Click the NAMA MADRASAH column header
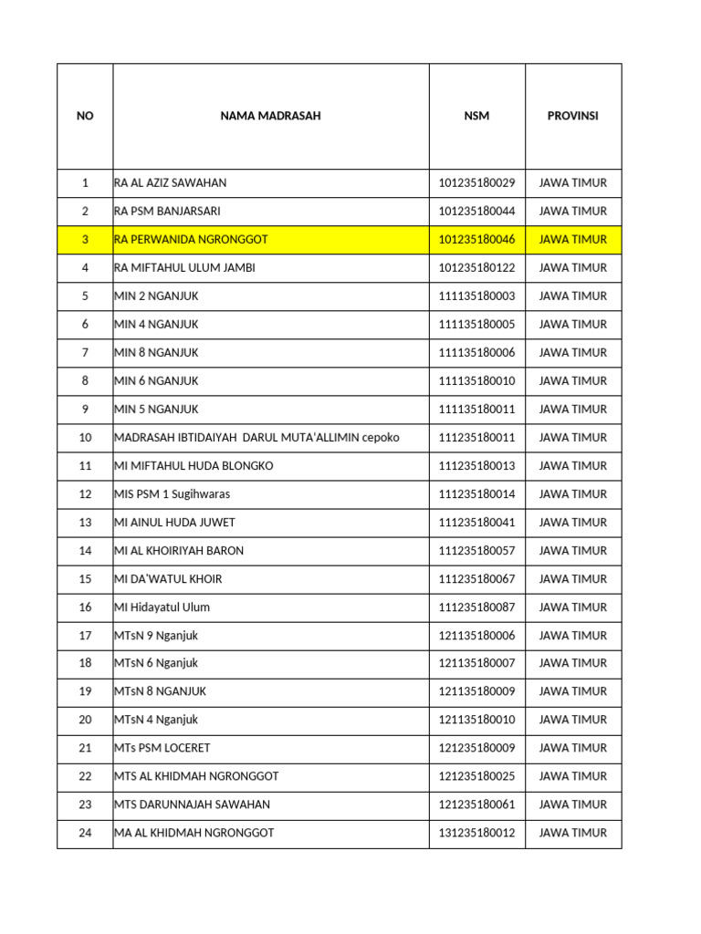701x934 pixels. pyautogui.click(x=270, y=116)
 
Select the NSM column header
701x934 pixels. pyautogui.click(x=476, y=116)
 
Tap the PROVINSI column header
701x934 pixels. pyautogui.click(x=572, y=116)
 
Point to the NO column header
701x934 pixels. pyautogui.click(x=85, y=116)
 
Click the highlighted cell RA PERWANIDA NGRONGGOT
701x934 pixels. pyautogui.click(x=192, y=240)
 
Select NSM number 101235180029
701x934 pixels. pyautogui.click(x=476, y=182)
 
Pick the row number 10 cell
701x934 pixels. pyautogui.click(x=85, y=438)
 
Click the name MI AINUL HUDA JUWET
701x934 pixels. pyautogui.click(x=174, y=523)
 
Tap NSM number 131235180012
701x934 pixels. pyautogui.click(x=476, y=833)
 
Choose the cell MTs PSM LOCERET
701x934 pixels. pyautogui.click(x=162, y=748)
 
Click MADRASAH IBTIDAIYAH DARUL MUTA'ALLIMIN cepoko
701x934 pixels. pyautogui.click(x=256, y=438)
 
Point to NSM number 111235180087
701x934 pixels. pyautogui.click(x=476, y=607)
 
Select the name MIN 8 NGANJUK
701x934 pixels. pyautogui.click(x=156, y=353)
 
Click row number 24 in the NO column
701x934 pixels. pyautogui.click(x=85, y=833)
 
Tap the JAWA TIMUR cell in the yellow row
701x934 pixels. pyautogui.click(x=572, y=240)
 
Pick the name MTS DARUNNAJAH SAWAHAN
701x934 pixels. pyautogui.click(x=192, y=804)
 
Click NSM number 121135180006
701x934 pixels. pyautogui.click(x=476, y=636)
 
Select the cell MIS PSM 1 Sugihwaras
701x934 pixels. pyautogui.click(x=173, y=494)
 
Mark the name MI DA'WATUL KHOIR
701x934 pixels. pyautogui.click(x=168, y=579)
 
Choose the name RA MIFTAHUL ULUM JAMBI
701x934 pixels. pyautogui.click(x=184, y=268)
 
